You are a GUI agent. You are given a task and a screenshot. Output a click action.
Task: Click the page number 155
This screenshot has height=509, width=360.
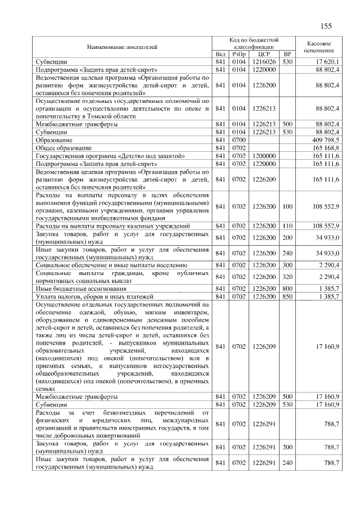[x=326, y=26]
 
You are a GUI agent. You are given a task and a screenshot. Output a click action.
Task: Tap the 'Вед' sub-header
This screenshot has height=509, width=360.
[x=220, y=54]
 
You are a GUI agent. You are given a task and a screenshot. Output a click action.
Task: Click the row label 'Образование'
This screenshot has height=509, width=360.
[x=53, y=139]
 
